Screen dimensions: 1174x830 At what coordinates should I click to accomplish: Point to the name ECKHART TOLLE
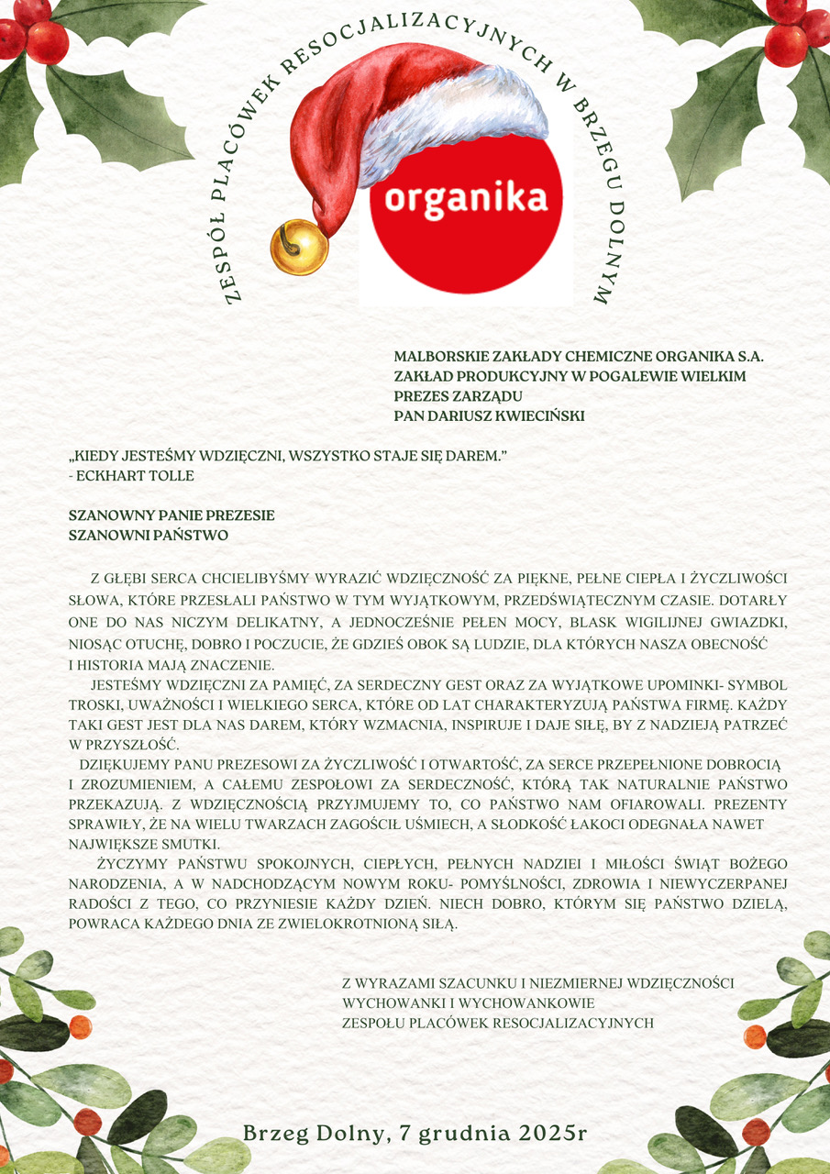tap(137, 476)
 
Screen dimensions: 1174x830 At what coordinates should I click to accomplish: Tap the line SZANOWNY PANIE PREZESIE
tap(172, 515)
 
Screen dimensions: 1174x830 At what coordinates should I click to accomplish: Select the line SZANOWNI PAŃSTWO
tap(149, 536)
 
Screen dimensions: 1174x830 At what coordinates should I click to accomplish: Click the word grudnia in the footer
tap(458, 1133)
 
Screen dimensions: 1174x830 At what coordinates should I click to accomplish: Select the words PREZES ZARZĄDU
tap(458, 396)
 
